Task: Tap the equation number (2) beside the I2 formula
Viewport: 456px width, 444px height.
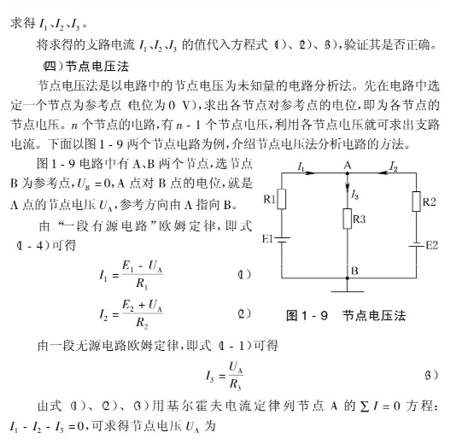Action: click(x=243, y=313)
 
